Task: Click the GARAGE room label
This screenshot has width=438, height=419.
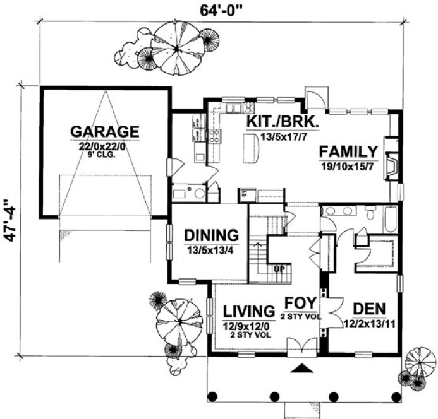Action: pyautogui.click(x=104, y=132)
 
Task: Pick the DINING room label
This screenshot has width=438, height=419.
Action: pyautogui.click(x=212, y=235)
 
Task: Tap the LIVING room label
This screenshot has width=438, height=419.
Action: pyautogui.click(x=247, y=311)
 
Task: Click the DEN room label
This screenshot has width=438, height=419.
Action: pyautogui.click(x=370, y=309)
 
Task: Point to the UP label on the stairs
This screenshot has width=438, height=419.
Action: pyautogui.click(x=279, y=269)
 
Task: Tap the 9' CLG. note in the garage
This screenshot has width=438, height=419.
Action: pyautogui.click(x=104, y=153)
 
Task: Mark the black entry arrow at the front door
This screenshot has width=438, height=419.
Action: pyautogui.click(x=303, y=368)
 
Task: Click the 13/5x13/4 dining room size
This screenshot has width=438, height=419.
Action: pyautogui.click(x=212, y=249)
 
